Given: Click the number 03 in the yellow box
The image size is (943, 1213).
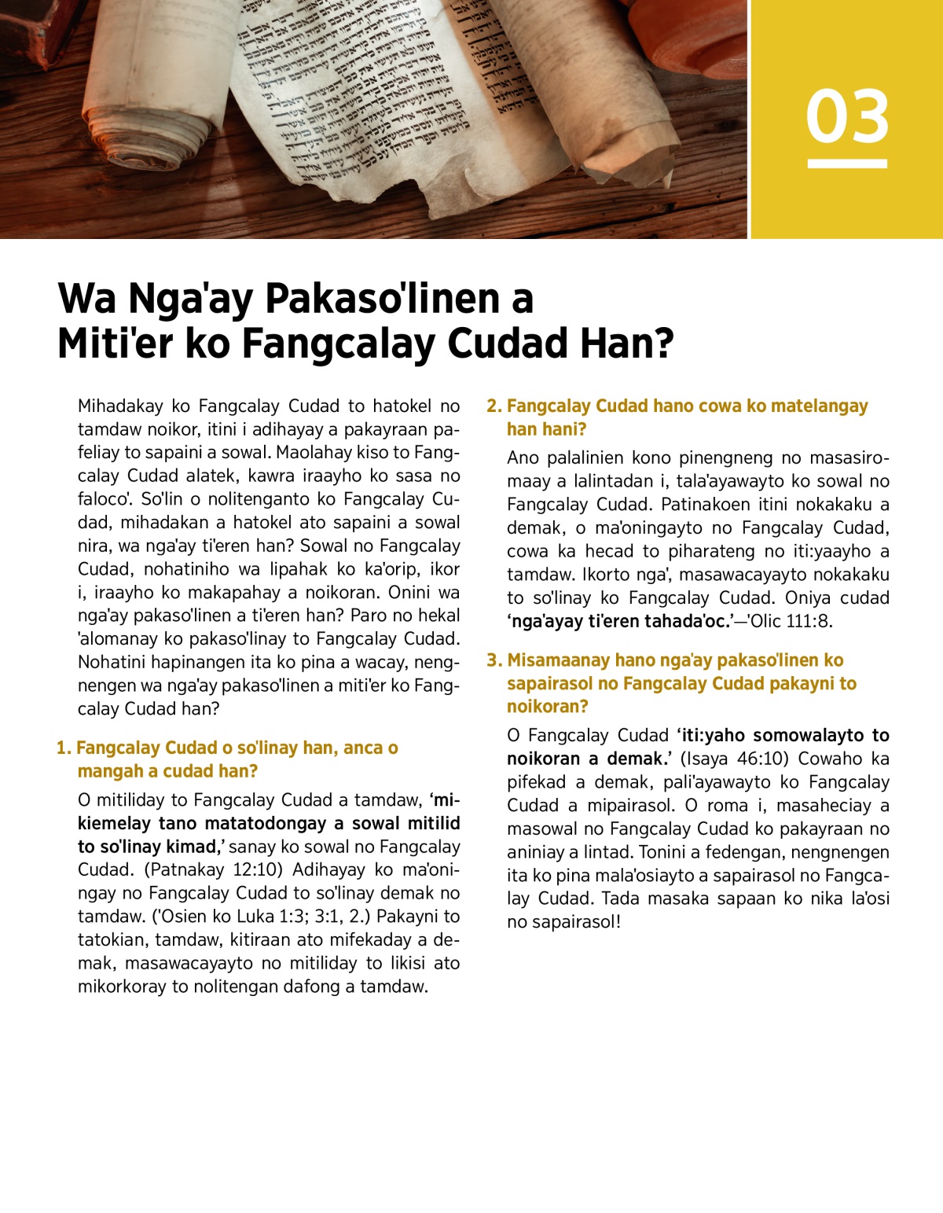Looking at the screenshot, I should (847, 116).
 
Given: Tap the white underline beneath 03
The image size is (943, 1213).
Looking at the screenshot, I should (847, 164).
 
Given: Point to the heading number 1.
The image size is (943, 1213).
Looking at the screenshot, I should (63, 748).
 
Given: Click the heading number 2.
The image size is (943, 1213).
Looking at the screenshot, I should (494, 406).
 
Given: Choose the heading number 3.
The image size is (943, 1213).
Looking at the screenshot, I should (494, 660).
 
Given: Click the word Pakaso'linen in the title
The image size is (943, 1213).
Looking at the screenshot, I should (383, 299).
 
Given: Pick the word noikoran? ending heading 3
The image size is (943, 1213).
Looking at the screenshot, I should (547, 707).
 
